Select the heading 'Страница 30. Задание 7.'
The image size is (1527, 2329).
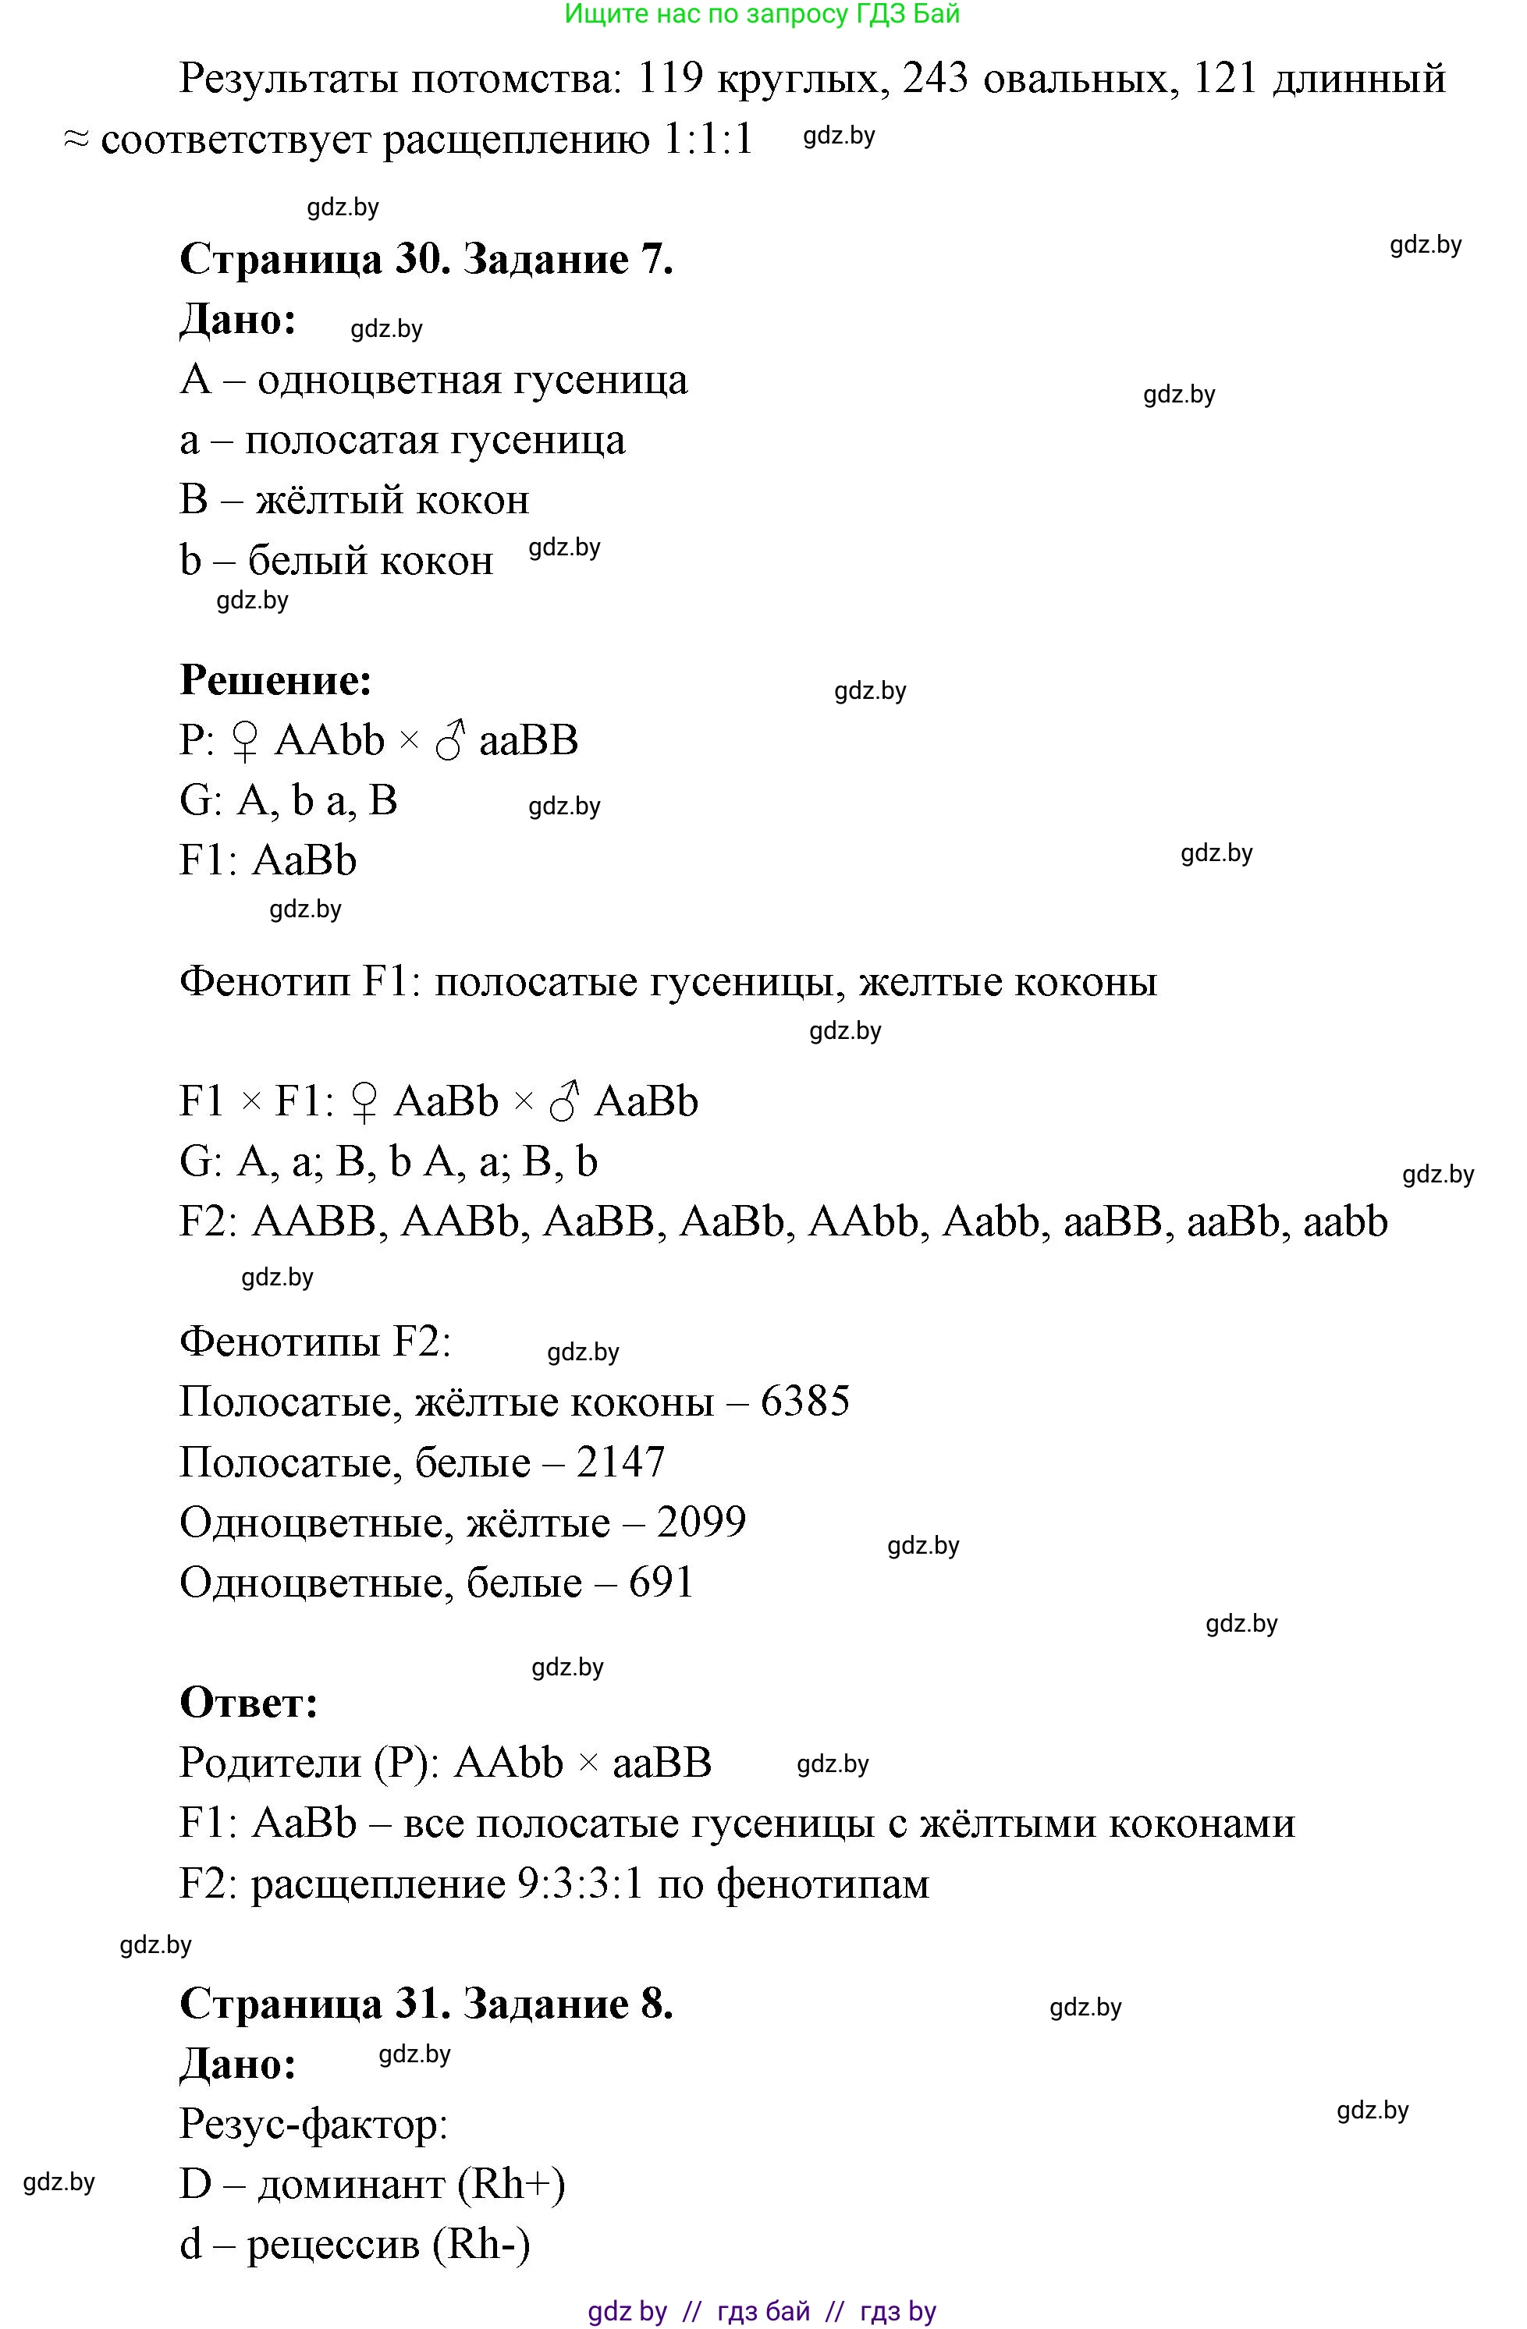click(426, 259)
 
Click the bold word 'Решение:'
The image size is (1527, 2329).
click(276, 680)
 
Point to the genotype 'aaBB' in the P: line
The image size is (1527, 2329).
click(528, 741)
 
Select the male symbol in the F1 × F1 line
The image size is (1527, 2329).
click(565, 1103)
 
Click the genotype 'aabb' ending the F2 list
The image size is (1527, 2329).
click(1345, 1222)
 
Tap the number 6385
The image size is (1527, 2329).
click(804, 1402)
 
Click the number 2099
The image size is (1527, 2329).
click(701, 1523)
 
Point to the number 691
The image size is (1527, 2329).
click(661, 1583)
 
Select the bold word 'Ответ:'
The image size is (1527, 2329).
click(249, 1703)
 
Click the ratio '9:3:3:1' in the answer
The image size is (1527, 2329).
click(580, 1884)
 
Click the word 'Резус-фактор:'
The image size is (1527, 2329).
click(313, 2125)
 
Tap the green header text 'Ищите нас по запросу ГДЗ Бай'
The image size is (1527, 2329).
click(762, 14)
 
